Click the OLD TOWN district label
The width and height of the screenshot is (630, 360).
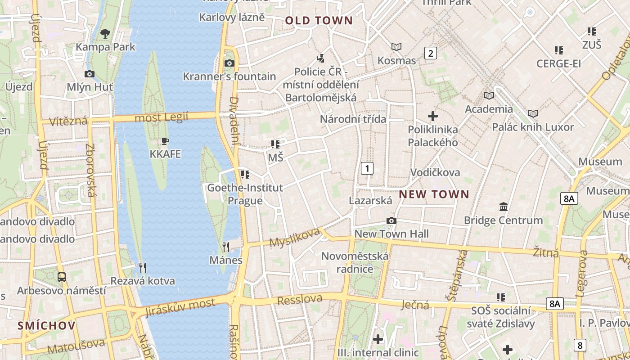pos(319,21)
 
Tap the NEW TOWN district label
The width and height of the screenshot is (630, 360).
pos(434,194)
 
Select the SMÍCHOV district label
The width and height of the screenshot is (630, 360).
pos(47,326)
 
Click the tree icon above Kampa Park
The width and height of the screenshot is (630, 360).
pos(105,33)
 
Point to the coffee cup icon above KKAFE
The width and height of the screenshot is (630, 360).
pos(165,141)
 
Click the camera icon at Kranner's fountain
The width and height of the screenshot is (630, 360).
pos(229,63)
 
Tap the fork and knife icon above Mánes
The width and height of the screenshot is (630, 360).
pos(226,247)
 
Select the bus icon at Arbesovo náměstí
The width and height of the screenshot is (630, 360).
pos(62,277)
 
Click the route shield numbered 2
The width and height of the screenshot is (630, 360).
pos(431,54)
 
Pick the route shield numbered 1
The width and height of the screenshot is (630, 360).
pos(367,169)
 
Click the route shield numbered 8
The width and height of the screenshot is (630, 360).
pos(580,345)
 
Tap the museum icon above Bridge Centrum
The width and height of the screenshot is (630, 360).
pos(504,207)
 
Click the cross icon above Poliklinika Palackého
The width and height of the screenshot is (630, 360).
pos(433,116)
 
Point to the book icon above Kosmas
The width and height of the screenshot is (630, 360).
pos(396,47)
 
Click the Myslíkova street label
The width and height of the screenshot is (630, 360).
pos(294,237)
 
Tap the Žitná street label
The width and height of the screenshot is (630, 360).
pos(546,252)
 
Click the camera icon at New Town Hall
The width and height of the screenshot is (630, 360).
pos(391,220)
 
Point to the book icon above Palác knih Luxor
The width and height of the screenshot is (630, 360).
pos(533,113)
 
